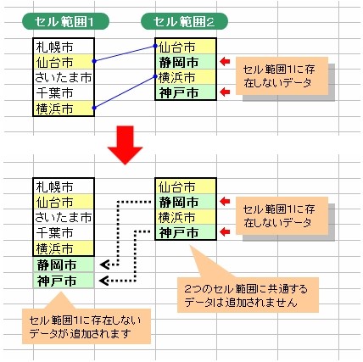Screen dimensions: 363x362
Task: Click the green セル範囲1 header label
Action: pyautogui.click(x=65, y=21)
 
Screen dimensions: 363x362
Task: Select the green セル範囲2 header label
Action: pyautogui.click(x=184, y=21)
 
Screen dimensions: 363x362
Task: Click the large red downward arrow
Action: pyautogui.click(x=125, y=145)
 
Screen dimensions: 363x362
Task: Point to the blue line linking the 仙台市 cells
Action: pyautogui.click(x=125, y=53)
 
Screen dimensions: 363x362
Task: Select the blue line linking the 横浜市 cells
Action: pyautogui.click(x=125, y=92)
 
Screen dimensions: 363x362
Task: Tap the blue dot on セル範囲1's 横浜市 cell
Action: pyautogui.click(x=94, y=108)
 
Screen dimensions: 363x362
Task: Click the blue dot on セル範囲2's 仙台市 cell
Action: pyautogui.click(x=155, y=46)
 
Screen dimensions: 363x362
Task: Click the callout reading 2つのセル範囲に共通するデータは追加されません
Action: pyautogui.click(x=248, y=295)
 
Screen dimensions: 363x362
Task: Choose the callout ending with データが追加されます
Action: pyautogui.click(x=87, y=326)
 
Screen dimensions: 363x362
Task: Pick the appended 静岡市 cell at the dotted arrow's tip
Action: pyautogui.click(x=64, y=265)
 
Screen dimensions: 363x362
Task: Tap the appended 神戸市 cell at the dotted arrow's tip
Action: pyautogui.click(x=64, y=281)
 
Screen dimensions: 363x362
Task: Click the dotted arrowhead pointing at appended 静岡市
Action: pyautogui.click(x=104, y=265)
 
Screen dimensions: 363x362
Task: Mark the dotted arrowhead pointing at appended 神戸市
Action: pyautogui.click(x=104, y=281)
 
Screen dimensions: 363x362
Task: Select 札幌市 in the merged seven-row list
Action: pyautogui.click(x=64, y=187)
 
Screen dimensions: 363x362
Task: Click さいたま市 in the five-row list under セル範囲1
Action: pyautogui.click(x=64, y=77)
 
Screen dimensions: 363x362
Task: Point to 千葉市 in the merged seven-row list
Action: pyautogui.click(x=64, y=233)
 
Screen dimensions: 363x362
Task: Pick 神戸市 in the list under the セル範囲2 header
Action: pyautogui.click(x=186, y=92)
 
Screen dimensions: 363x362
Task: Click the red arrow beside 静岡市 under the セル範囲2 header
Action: pyautogui.click(x=225, y=61)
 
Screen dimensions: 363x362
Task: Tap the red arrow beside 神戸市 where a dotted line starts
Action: pyautogui.click(x=225, y=232)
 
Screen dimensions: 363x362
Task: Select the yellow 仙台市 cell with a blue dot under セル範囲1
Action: pyautogui.click(x=64, y=62)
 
